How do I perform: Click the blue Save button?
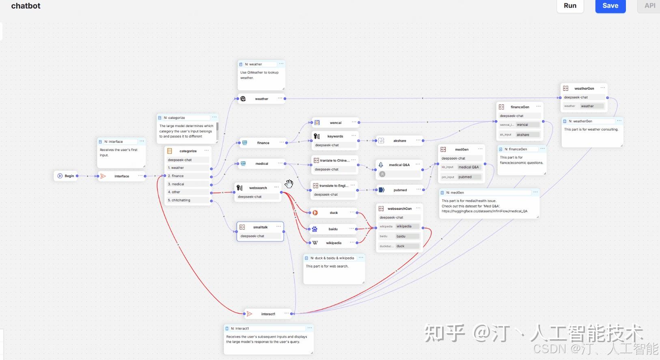point(610,6)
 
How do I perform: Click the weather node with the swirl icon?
point(261,99)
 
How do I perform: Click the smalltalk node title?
point(260,227)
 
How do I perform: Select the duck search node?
point(333,213)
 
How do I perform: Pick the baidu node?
point(333,229)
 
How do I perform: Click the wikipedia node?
point(333,243)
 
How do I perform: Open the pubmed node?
point(400,190)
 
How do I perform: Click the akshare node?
point(399,140)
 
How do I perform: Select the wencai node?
point(335,123)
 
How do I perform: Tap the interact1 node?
point(268,314)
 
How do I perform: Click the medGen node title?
point(462,149)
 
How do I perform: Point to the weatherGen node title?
point(584,88)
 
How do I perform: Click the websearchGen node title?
point(399,209)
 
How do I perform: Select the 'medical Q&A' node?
point(399,165)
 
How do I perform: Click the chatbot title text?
point(26,6)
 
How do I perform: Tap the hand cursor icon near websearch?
point(289,184)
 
